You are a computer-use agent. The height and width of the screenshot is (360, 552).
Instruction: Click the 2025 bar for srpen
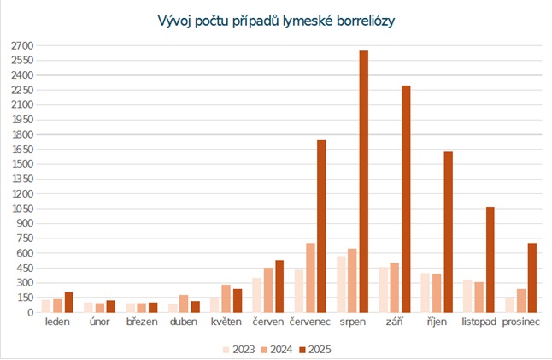click(364, 181)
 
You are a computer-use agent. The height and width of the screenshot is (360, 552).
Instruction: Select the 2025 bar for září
click(406, 199)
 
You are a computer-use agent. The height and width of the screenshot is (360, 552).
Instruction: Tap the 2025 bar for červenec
click(321, 227)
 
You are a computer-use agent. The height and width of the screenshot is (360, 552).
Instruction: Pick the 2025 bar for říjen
click(448, 232)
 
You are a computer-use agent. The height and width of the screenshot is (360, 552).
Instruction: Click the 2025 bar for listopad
click(490, 260)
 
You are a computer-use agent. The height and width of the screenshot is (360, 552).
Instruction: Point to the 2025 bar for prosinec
click(531, 278)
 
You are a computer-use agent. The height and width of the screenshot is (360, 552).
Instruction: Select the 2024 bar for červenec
click(310, 278)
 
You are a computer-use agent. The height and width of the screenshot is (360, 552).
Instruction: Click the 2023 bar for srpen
click(342, 284)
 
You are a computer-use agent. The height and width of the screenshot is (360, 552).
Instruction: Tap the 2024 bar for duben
click(184, 304)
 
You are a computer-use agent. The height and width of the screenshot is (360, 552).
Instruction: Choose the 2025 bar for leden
click(69, 303)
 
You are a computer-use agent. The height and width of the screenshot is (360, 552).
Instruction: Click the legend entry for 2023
click(240, 348)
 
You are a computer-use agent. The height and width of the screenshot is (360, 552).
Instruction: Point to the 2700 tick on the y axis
click(22, 45)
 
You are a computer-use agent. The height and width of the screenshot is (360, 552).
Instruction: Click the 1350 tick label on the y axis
click(22, 179)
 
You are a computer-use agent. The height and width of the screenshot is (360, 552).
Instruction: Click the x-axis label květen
click(226, 322)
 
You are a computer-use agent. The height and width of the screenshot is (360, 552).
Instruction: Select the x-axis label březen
click(142, 322)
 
